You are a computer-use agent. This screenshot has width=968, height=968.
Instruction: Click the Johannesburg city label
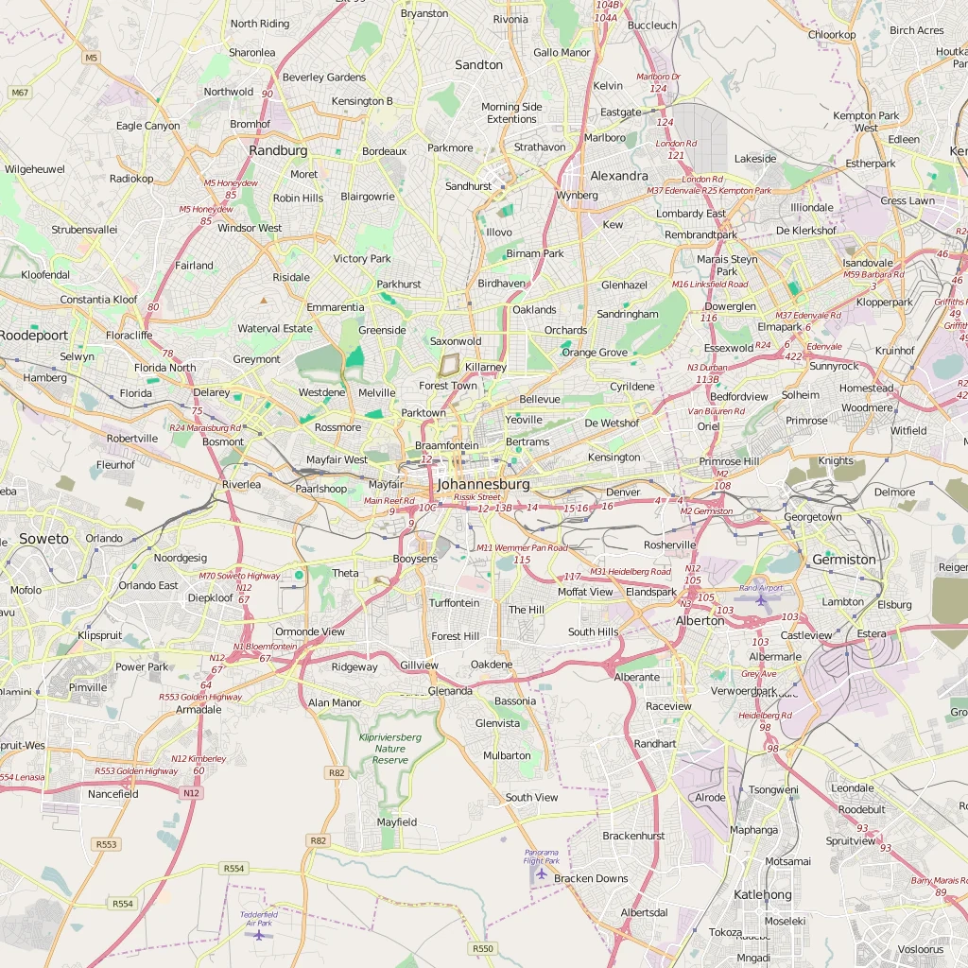pyautogui.click(x=483, y=484)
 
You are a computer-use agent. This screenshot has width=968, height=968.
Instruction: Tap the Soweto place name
pyautogui.click(x=43, y=539)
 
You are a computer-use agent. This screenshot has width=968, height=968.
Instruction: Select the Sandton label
pyautogui.click(x=479, y=65)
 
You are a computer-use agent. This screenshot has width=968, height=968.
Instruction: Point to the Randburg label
pyautogui.click(x=278, y=150)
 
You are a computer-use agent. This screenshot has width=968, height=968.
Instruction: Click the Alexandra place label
pyautogui.click(x=619, y=176)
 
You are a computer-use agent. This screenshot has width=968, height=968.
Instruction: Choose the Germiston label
pyautogui.click(x=844, y=560)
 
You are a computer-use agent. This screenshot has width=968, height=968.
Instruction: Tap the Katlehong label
pyautogui.click(x=763, y=894)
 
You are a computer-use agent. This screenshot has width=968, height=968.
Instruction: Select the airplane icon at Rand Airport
pyautogui.click(x=761, y=600)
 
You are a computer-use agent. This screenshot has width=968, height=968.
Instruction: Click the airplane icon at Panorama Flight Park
pyautogui.click(x=541, y=873)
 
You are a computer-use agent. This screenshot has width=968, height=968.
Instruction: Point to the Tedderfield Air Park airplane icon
pyautogui.click(x=258, y=934)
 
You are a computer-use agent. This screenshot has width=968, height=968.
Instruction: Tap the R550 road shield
pyautogui.click(x=482, y=948)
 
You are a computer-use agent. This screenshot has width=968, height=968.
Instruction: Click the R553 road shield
pyautogui.click(x=107, y=844)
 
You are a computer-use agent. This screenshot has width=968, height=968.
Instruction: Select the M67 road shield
pyautogui.click(x=20, y=92)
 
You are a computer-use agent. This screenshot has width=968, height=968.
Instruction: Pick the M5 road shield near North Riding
pyautogui.click(x=91, y=58)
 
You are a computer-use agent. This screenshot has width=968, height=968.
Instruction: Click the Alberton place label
pyautogui.click(x=700, y=621)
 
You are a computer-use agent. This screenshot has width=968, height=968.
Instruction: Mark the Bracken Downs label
pyautogui.click(x=591, y=878)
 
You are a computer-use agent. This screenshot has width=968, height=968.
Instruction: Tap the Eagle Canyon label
pyautogui.click(x=147, y=126)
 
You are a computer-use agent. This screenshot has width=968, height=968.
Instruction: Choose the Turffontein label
pyautogui.click(x=454, y=603)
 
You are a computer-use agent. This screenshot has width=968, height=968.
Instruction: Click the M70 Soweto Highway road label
pyautogui.click(x=239, y=576)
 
